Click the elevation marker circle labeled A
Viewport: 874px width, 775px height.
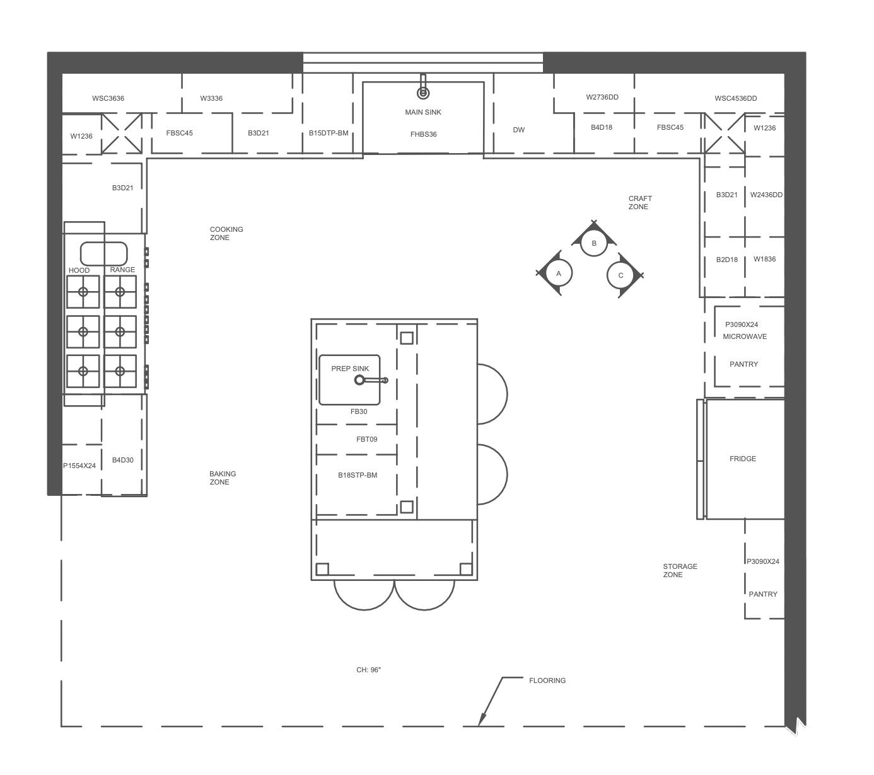pos(559,273)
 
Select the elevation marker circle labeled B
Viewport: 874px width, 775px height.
pos(594,243)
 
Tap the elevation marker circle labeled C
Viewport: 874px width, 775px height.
pos(621,275)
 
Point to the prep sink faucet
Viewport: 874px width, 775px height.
pos(371,380)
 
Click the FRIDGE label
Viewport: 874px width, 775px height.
pos(742,459)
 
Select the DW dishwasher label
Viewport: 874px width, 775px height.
pos(518,130)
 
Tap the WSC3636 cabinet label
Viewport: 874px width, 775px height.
pos(108,98)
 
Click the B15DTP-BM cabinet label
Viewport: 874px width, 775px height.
pos(329,133)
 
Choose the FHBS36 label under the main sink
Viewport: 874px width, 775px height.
pos(423,134)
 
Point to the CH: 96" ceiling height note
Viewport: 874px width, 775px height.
pos(368,670)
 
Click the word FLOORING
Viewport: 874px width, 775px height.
pos(547,680)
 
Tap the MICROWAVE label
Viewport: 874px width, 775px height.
pos(745,336)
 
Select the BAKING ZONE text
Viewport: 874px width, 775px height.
pos(223,478)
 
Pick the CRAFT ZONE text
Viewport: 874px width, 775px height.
pos(640,203)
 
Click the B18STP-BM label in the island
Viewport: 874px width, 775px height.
pos(357,475)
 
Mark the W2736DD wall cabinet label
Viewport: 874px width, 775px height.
pos(602,97)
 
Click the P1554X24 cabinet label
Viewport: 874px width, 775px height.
pos(79,466)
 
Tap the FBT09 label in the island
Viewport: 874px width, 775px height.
pos(366,439)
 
